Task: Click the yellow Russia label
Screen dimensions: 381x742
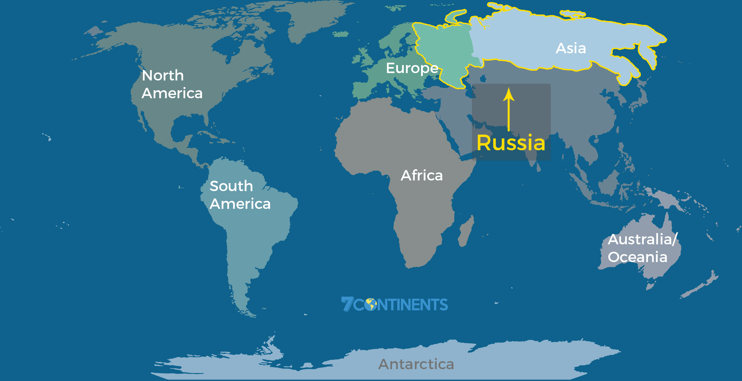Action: click(x=511, y=143)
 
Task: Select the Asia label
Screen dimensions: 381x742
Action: click(x=571, y=48)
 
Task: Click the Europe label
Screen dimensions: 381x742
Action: click(x=412, y=68)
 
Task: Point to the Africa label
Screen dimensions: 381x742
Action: click(x=422, y=175)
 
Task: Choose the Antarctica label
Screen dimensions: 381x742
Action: click(x=416, y=364)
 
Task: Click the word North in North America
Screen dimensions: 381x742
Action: click(x=163, y=75)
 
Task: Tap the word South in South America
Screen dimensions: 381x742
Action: click(x=231, y=186)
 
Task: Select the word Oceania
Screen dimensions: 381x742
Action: click(x=638, y=257)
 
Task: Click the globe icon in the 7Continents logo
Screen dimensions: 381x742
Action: click(x=370, y=304)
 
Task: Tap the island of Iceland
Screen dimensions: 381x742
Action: click(x=341, y=34)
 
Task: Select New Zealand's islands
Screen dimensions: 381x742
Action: click(x=701, y=285)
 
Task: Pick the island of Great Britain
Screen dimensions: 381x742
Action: click(x=367, y=58)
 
